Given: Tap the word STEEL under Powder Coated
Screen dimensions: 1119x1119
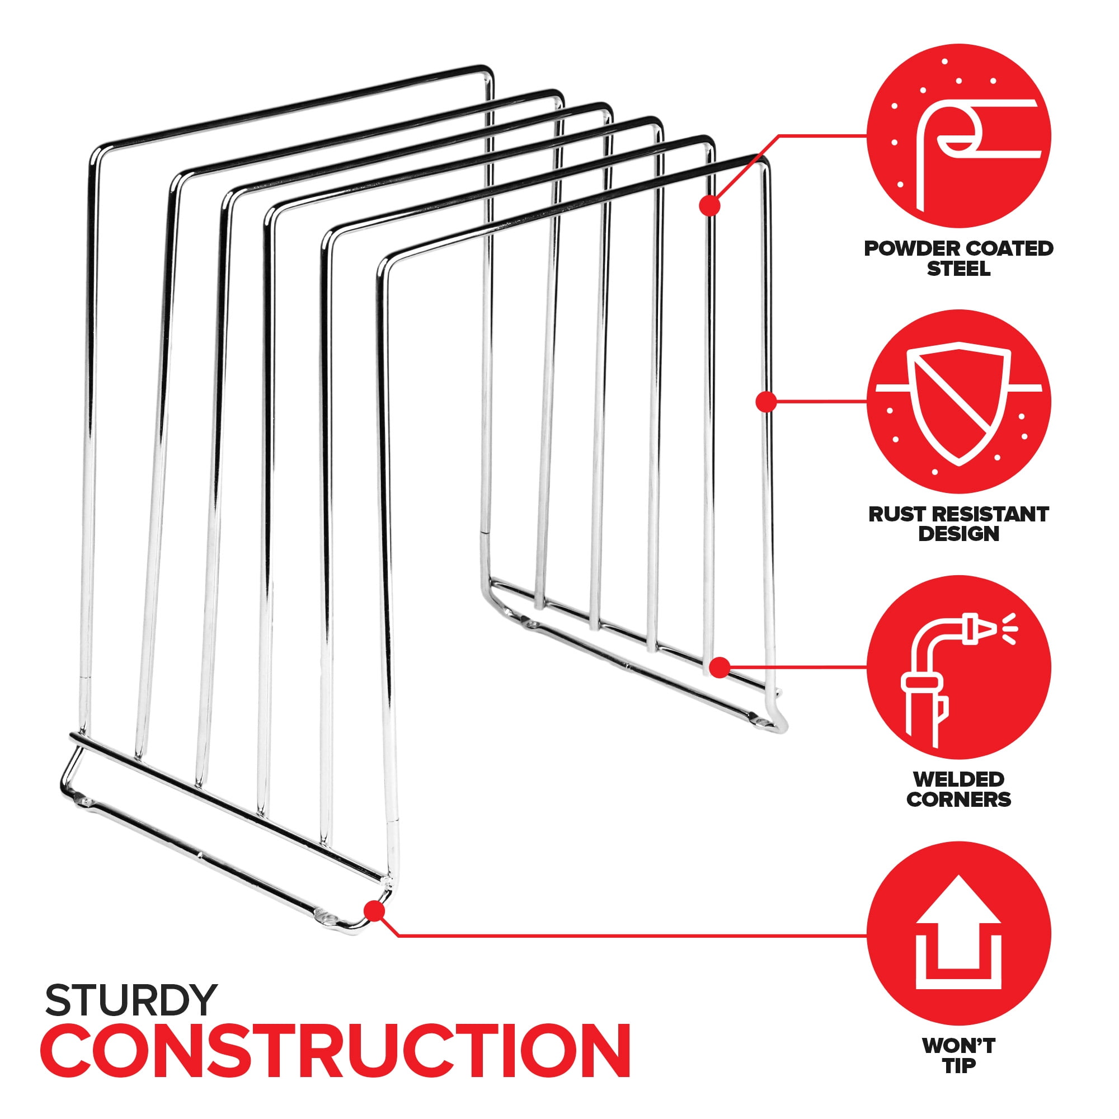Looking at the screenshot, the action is click(x=958, y=269).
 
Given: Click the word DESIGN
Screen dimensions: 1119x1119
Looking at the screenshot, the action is click(x=958, y=533).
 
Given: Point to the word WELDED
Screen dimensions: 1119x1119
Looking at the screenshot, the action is click(x=958, y=779).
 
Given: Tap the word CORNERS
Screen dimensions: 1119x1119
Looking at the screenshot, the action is click(x=958, y=800).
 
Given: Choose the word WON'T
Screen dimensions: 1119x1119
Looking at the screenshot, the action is click(x=958, y=1046).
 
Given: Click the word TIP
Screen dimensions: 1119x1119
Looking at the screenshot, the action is click(x=958, y=1066).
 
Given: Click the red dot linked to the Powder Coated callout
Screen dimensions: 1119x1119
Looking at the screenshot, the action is click(x=709, y=205).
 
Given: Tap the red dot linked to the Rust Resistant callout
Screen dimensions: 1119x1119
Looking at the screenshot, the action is click(x=767, y=401).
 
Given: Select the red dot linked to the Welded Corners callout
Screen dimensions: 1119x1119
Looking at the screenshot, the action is click(x=720, y=667).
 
